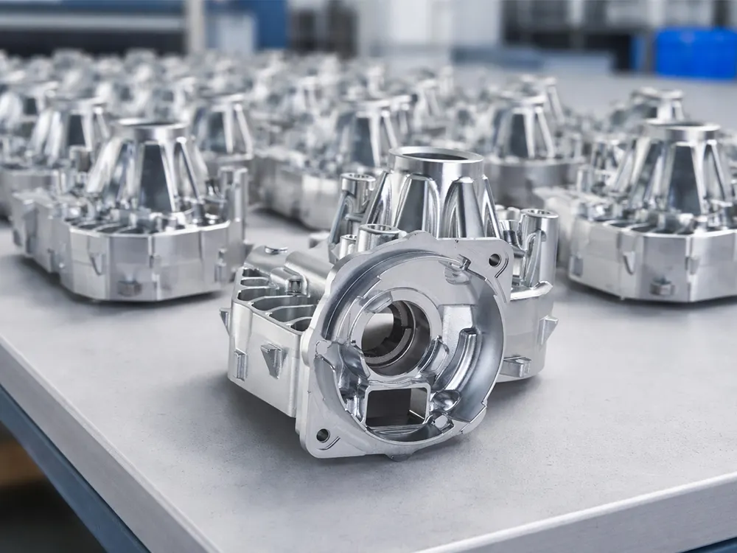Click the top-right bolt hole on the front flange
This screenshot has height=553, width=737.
[x=493, y=260]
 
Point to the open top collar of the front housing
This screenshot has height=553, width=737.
[x=434, y=158]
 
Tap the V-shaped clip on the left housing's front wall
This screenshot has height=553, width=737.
[x=96, y=261]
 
